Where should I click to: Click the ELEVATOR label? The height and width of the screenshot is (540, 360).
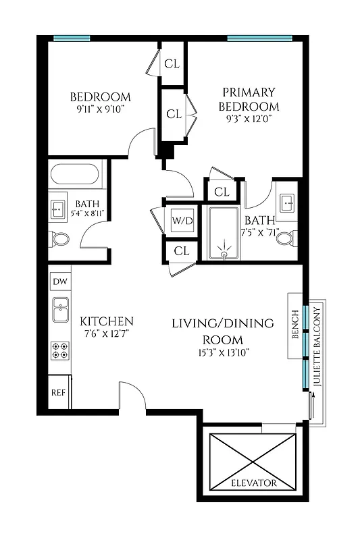pos(253,483)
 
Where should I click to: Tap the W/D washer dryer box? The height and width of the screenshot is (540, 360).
pos(181,220)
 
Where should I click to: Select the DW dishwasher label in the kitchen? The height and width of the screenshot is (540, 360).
pos(59,280)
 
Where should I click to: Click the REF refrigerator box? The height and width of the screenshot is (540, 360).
pos(59,391)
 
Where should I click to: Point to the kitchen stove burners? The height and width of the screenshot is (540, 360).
pos(59,350)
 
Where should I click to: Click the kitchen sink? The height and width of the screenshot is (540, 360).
pos(59,311)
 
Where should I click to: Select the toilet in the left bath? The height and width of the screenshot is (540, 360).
pos(59,239)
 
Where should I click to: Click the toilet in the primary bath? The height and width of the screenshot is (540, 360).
pos(286,238)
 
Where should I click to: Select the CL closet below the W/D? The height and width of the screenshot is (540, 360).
pos(180,250)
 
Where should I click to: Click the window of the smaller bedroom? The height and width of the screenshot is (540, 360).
pos(72,38)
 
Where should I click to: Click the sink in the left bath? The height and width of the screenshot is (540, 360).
pos(58,209)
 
